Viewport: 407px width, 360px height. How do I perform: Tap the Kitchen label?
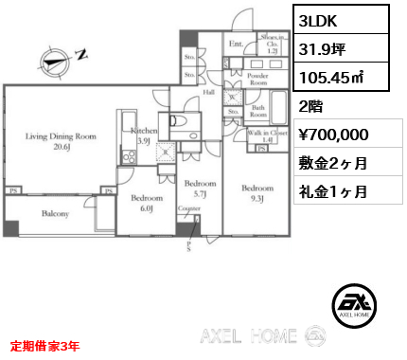pos(143,135)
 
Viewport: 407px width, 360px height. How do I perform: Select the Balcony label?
pos(54,214)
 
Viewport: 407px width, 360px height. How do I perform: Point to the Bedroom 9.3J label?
pos(257,192)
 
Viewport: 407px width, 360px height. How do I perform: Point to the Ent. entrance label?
pos(235,44)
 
